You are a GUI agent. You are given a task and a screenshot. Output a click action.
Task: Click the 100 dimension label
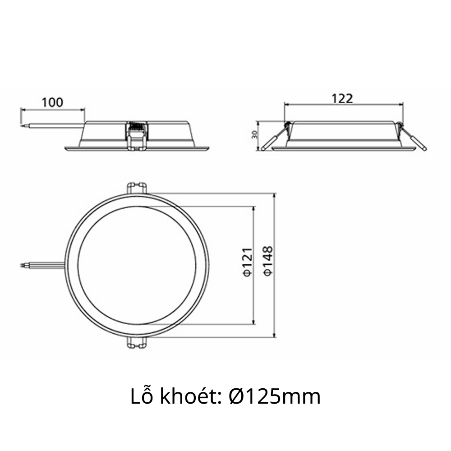[x=53, y=102]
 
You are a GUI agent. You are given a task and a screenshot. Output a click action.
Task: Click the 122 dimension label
[x=342, y=98]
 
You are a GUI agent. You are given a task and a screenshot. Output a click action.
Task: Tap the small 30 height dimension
[x=254, y=135]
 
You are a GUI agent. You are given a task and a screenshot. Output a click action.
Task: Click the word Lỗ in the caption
[x=141, y=396]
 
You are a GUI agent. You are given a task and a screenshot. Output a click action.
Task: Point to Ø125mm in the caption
[x=275, y=396]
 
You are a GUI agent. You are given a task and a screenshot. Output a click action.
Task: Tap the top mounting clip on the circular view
[x=137, y=188]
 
